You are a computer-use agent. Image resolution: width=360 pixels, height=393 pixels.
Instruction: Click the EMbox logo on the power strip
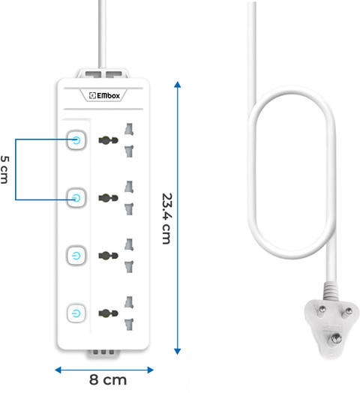pos(104,95)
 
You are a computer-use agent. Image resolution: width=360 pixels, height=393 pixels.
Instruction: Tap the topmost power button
pos(76,140)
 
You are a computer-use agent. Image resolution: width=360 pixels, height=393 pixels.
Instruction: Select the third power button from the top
pos(76,256)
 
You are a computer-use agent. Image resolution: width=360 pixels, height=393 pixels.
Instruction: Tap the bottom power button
pos(76,313)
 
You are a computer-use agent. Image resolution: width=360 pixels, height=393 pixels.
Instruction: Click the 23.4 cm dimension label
pos(166,218)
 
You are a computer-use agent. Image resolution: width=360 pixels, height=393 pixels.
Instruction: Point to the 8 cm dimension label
pos(108,379)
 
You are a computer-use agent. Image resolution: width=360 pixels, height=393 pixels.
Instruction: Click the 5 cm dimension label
pos(4,169)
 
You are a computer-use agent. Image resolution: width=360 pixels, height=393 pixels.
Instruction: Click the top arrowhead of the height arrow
pos(178,85)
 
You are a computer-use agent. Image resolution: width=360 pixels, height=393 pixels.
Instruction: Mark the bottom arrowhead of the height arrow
pos(178,352)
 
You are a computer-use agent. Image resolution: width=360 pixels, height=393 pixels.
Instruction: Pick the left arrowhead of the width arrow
pos(58,370)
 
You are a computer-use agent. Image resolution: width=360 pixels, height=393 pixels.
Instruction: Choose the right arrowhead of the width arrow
pos(151,370)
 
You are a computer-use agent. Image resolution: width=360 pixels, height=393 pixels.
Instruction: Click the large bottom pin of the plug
pos(336,339)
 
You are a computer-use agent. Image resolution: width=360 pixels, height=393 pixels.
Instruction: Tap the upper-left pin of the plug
pos(322,310)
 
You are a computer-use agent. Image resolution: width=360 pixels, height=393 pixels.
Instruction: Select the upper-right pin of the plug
pos(347,312)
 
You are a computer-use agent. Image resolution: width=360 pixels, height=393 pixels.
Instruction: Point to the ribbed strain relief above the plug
pos(331,291)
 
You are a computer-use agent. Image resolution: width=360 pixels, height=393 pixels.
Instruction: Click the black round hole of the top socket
pos(108,140)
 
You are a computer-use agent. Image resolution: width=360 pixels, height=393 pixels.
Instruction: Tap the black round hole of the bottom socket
pos(108,313)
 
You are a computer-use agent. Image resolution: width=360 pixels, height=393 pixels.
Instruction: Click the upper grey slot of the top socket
pos(129,129)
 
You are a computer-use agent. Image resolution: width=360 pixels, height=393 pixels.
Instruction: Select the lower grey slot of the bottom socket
pos(129,324)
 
